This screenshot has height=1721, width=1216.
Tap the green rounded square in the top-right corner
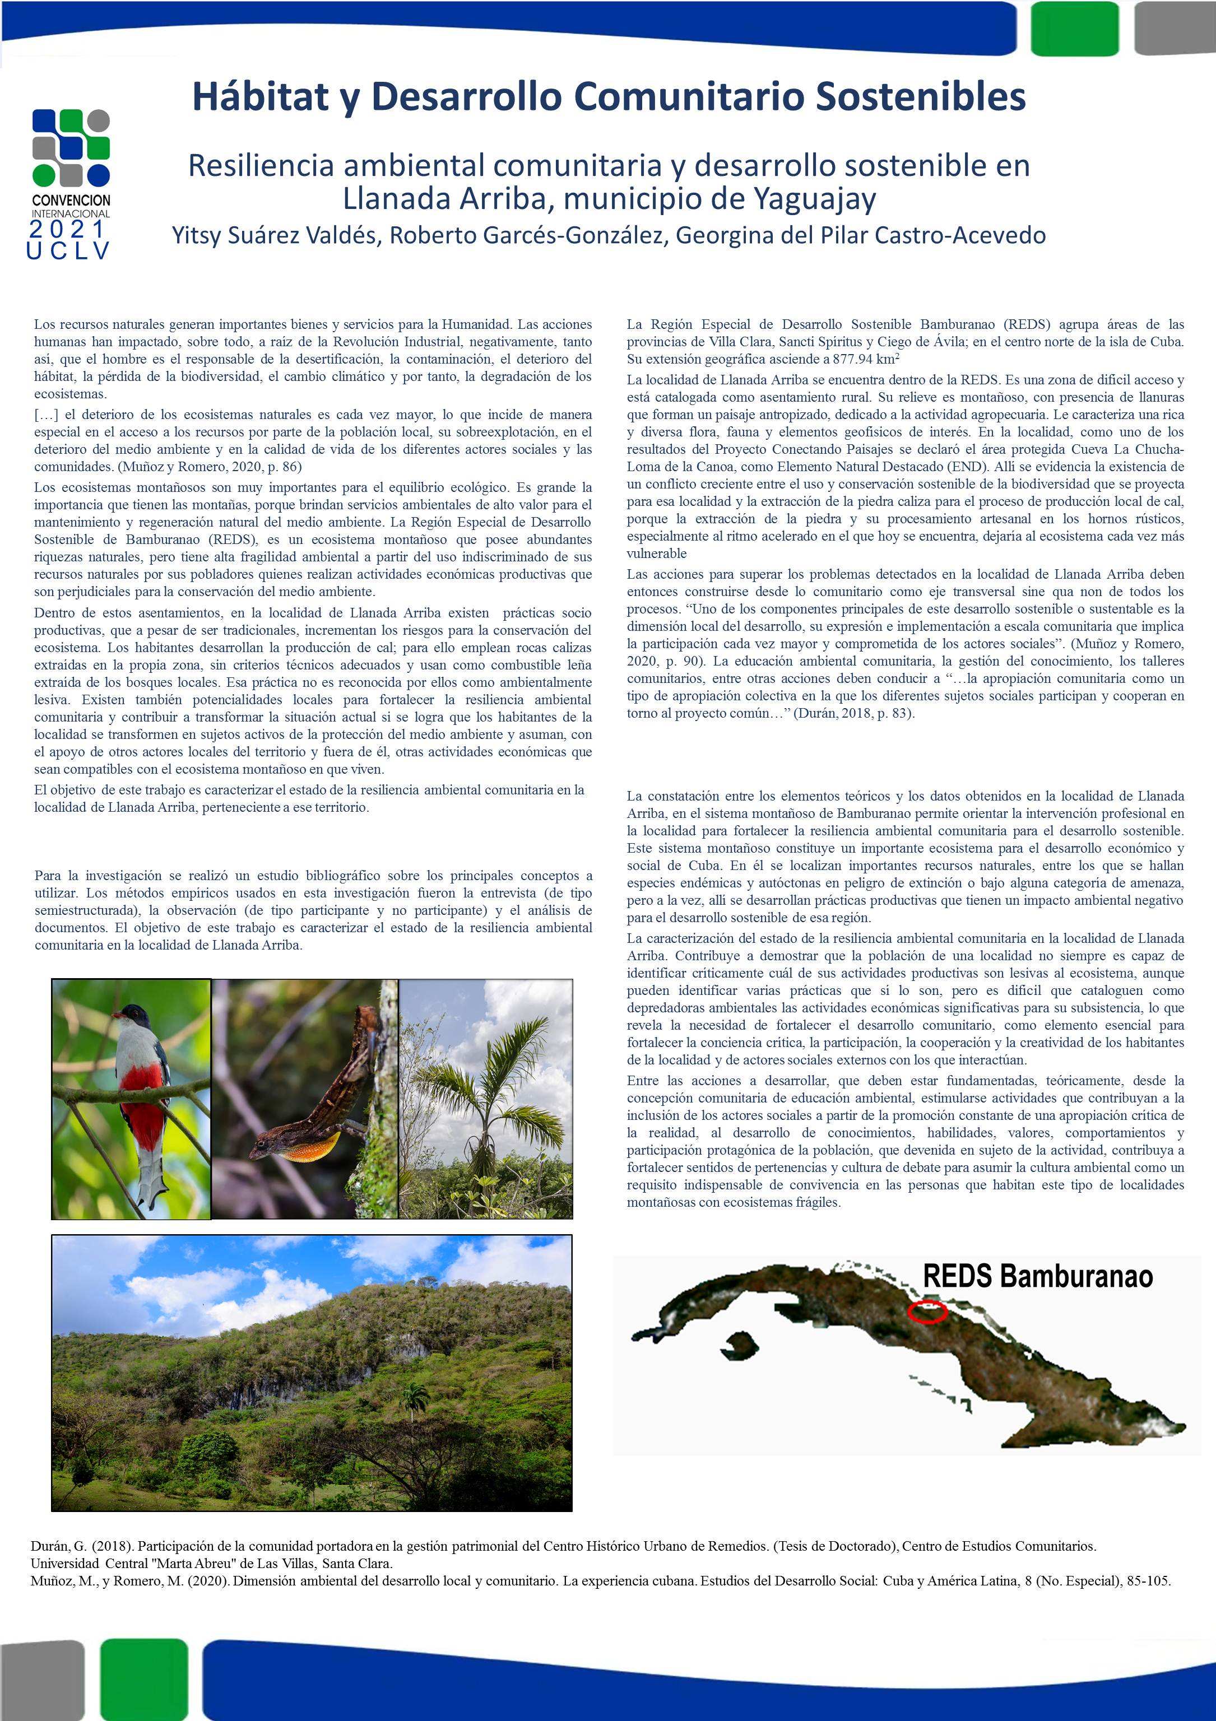coord(1064,29)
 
